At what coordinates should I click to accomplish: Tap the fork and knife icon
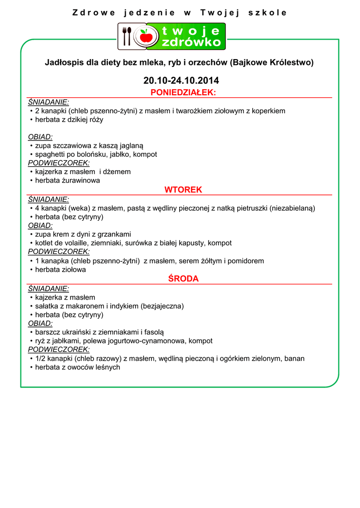(127, 36)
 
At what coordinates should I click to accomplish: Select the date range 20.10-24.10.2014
(181, 80)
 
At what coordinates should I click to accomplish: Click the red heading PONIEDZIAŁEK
(183, 93)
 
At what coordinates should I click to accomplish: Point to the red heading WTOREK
(183, 190)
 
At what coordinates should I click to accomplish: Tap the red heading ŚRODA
(183, 279)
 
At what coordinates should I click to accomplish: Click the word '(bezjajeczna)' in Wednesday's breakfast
(162, 306)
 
